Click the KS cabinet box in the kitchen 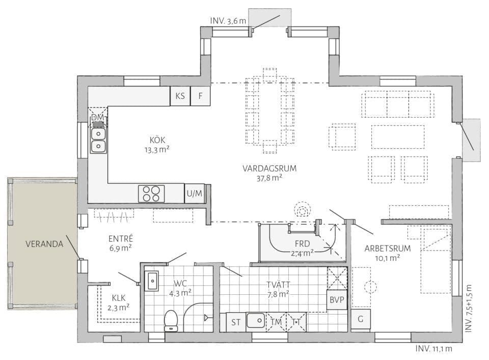coord(180,96)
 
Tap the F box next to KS coord(200,96)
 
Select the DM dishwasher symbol coord(98,118)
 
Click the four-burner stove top coord(151,193)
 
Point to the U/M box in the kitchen coord(195,193)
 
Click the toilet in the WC coord(171,320)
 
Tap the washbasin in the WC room coord(152,281)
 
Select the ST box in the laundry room coord(236,322)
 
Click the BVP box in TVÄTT coord(337,299)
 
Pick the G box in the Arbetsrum coord(361,319)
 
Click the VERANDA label coord(44,244)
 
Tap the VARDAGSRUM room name coord(269,169)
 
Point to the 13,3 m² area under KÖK coord(157,150)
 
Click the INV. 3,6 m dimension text coord(228,21)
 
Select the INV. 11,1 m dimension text coord(433,348)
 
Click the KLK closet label coord(119,298)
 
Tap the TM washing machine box coord(276,322)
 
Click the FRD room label coord(302,243)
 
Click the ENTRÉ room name coord(121,238)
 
